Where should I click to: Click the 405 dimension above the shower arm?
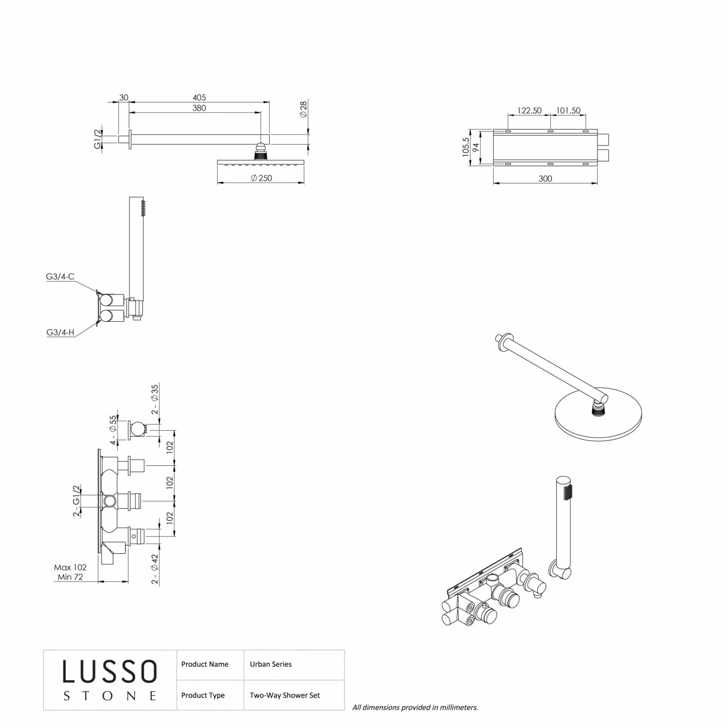tap(199, 98)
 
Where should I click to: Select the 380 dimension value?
tap(199, 108)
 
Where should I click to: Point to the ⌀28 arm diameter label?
tap(303, 109)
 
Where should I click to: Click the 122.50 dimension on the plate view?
tap(529, 111)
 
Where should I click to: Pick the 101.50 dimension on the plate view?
tap(568, 111)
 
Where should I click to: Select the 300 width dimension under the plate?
tap(545, 179)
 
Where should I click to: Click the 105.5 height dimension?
tap(466, 147)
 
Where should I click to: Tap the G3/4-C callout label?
tap(60, 277)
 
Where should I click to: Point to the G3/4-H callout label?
tap(60, 332)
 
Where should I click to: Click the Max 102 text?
tap(70, 567)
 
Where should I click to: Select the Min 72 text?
tap(70, 577)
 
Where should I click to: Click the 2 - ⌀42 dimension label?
tap(155, 569)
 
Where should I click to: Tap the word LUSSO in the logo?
tap(110, 672)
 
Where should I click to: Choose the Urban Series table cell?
tap(271, 664)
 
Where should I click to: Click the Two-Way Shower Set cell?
tap(285, 695)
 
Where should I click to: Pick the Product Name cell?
tap(205, 664)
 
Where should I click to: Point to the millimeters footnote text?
tap(415, 708)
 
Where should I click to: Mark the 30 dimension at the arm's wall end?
tap(124, 98)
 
